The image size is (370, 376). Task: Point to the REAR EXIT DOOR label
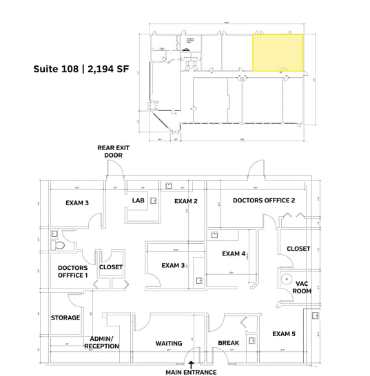[x=113, y=152]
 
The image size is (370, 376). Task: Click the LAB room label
[x=138, y=201]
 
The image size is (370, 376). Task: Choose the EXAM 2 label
[x=186, y=201]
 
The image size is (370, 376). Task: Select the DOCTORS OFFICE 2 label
[x=264, y=200]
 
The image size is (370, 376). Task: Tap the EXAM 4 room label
[x=234, y=253]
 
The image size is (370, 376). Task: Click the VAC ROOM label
[x=301, y=287]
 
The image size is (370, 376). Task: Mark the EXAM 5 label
[x=283, y=334]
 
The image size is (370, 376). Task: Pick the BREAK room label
[x=228, y=343]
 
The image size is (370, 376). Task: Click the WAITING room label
[x=169, y=343]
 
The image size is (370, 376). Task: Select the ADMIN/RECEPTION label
[x=102, y=342]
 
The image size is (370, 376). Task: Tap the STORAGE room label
[x=65, y=317]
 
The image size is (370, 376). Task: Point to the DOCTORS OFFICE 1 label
[x=72, y=271]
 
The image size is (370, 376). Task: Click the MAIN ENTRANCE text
[x=191, y=372]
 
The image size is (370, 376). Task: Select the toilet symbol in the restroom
[x=60, y=245]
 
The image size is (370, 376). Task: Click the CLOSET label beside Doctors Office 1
[x=111, y=267]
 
